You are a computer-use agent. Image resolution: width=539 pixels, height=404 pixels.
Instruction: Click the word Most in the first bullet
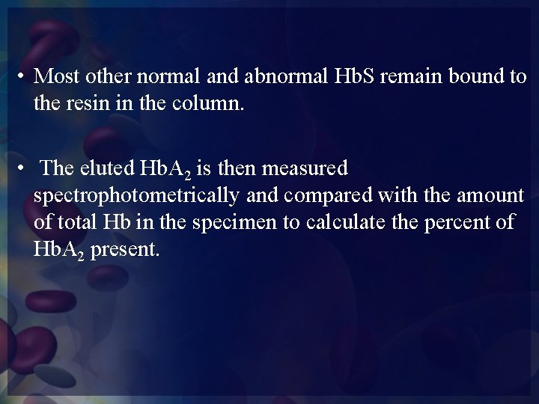[x=55, y=76]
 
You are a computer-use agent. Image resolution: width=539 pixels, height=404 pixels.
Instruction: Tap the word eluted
[x=105, y=168]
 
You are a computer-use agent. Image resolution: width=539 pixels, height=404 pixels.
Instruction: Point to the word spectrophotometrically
[x=134, y=195]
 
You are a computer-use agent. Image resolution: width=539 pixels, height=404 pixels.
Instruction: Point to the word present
[x=128, y=249]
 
